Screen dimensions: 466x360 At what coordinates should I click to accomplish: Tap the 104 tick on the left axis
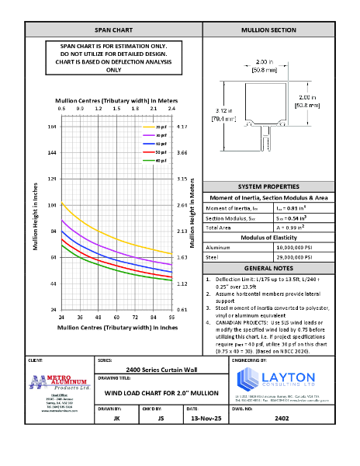coord(52,205)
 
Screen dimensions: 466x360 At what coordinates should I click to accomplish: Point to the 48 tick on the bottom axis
coord(98,317)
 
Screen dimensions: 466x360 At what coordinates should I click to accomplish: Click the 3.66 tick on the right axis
coord(183,152)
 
